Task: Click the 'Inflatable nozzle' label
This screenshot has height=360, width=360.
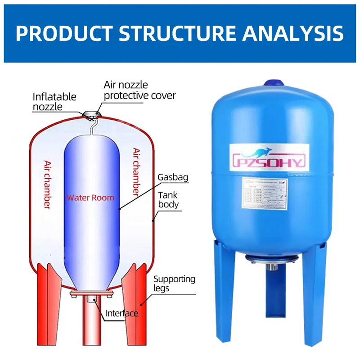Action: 54,102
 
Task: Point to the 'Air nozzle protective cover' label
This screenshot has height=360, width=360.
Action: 139,90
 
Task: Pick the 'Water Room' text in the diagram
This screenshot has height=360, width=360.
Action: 90,197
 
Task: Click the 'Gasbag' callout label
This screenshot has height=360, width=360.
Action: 172,177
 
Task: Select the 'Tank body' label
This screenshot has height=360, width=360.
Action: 168,199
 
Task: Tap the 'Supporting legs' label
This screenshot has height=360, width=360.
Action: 174,283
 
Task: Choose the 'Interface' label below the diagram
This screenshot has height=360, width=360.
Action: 121,313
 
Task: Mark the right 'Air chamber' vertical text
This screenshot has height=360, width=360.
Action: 137,171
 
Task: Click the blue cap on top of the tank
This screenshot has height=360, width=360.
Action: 271,84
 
